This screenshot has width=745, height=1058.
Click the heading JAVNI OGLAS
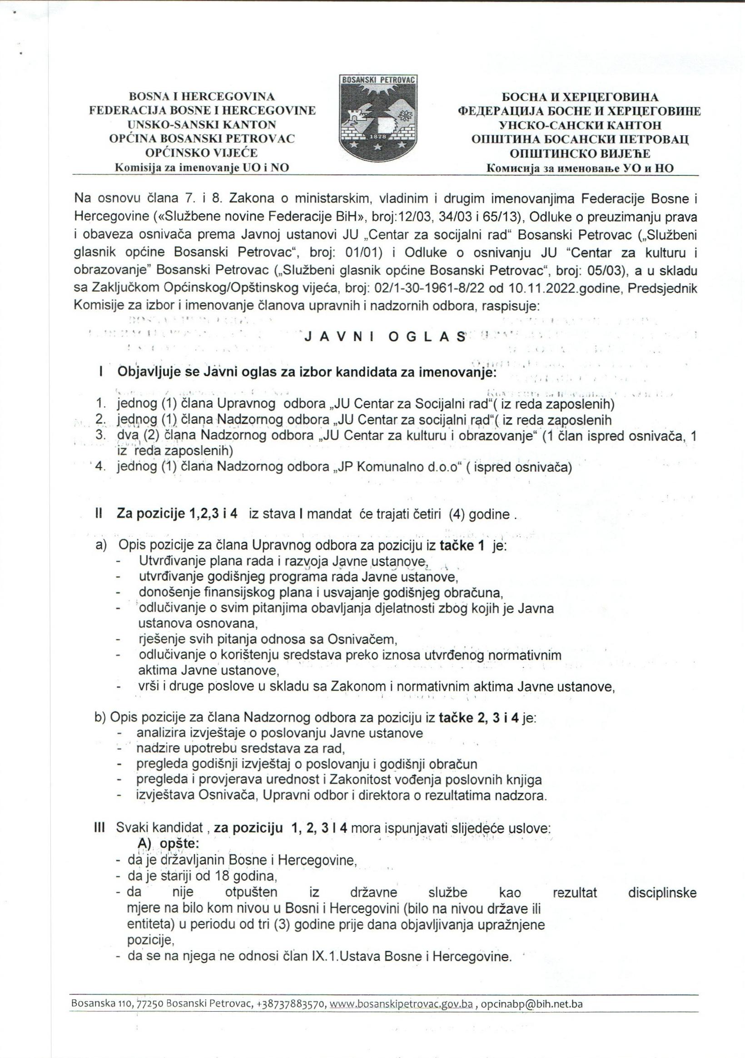tap(385, 337)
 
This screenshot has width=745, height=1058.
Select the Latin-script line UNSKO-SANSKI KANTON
tap(202, 125)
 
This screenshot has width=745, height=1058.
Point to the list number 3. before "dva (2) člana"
tap(100, 435)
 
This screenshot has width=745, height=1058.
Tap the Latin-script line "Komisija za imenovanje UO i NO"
tap(202, 168)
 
